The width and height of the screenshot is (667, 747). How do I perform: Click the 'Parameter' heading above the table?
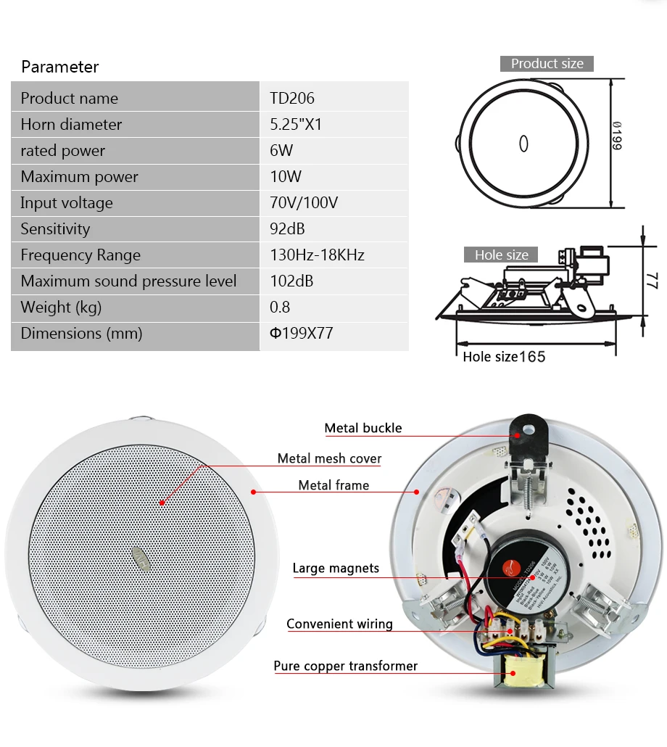60,67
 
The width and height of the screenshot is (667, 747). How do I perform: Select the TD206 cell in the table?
292,99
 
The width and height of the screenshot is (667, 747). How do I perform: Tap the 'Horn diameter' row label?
71,125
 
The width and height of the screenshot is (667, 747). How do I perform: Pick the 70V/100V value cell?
304,203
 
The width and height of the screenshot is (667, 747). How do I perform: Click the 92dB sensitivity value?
287,229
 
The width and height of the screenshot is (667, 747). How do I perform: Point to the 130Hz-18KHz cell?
317,255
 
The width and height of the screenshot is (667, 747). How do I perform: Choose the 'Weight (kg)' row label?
61,308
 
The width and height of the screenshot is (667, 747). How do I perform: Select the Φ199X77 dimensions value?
302,334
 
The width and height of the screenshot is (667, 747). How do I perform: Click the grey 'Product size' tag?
547,64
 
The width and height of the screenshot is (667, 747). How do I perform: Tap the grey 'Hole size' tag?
501,255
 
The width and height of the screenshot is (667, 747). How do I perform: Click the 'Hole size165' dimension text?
504,357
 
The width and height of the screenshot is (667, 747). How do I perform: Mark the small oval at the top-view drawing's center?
523,144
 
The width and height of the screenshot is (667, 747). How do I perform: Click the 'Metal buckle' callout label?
362,428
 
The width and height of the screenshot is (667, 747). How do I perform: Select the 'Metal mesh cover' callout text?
329,458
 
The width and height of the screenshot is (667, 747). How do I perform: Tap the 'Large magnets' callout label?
336,568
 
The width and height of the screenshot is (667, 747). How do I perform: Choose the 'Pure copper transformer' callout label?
345,666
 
